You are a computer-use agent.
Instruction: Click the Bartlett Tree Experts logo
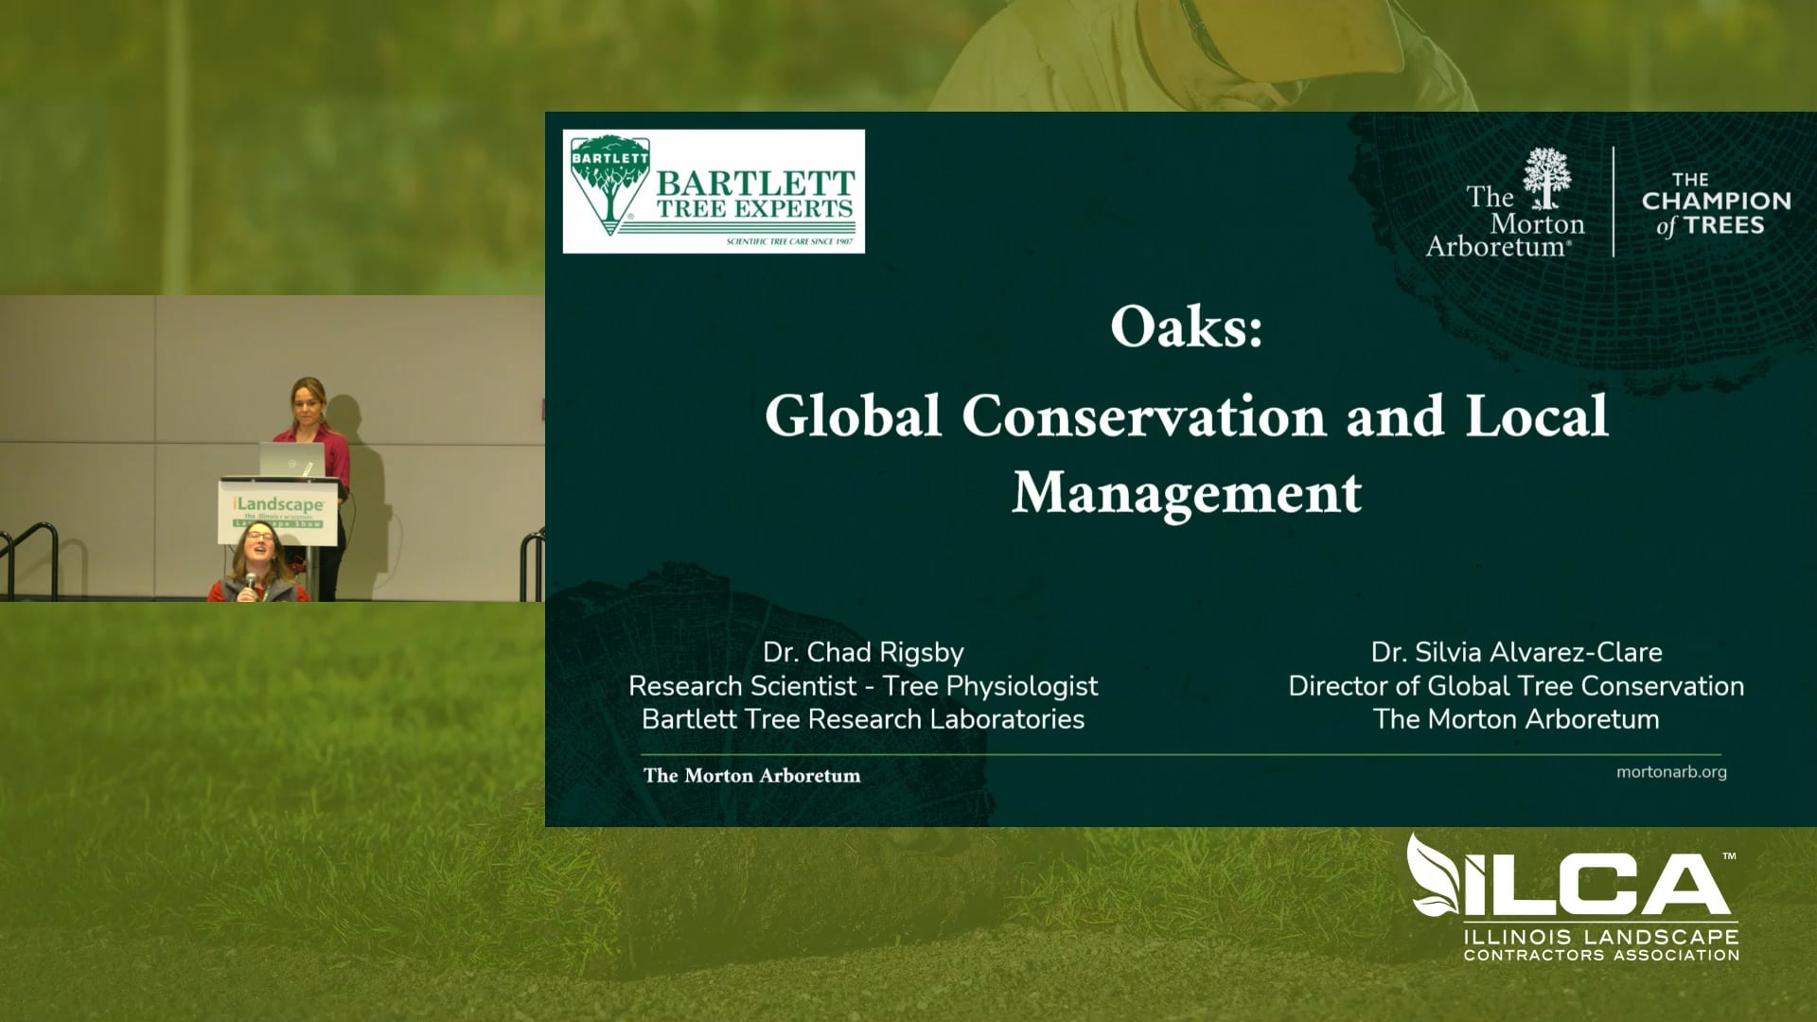(714, 191)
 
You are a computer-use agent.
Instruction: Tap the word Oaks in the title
(1186, 328)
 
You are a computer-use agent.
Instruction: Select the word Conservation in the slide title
(1144, 416)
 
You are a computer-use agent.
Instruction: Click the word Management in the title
(1187, 493)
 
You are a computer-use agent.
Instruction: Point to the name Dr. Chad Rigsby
(863, 652)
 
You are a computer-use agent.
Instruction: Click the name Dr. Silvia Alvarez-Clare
(1516, 652)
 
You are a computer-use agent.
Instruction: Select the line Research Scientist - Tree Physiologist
(863, 685)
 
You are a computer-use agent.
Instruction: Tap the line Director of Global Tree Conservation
(1516, 685)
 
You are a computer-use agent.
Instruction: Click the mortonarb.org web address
(1671, 771)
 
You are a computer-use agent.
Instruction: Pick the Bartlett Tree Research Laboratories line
(863, 719)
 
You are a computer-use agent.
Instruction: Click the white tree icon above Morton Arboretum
(1546, 177)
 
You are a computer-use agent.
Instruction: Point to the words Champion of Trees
(1716, 203)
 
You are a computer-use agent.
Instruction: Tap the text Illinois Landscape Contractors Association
(1601, 945)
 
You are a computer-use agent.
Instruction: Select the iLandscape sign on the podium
(278, 512)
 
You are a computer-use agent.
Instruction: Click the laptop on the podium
(291, 459)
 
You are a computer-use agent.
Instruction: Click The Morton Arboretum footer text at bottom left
(751, 776)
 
